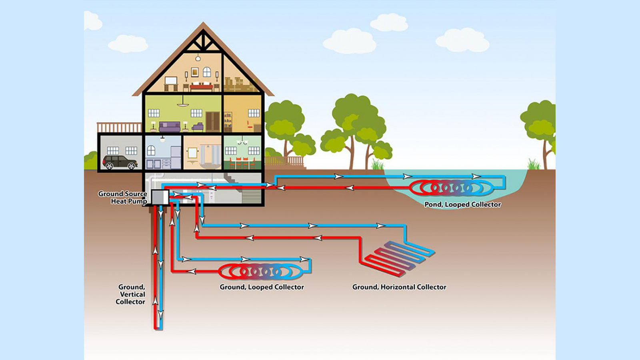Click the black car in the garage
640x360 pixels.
click(120, 162)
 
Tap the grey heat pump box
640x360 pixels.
click(160, 197)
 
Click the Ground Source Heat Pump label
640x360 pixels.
click(123, 197)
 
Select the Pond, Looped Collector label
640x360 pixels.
click(462, 204)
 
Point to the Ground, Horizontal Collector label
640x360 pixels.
click(399, 287)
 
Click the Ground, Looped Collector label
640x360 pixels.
click(262, 287)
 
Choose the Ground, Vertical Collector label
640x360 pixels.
click(131, 294)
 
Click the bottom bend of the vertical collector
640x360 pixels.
click(158, 328)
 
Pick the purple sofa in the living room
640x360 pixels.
click(169, 127)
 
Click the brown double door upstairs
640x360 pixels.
click(212, 121)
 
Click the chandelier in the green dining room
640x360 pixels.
click(242, 141)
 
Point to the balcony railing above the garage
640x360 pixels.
click(119, 127)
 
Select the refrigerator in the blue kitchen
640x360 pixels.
click(176, 157)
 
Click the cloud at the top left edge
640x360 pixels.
click(92, 22)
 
